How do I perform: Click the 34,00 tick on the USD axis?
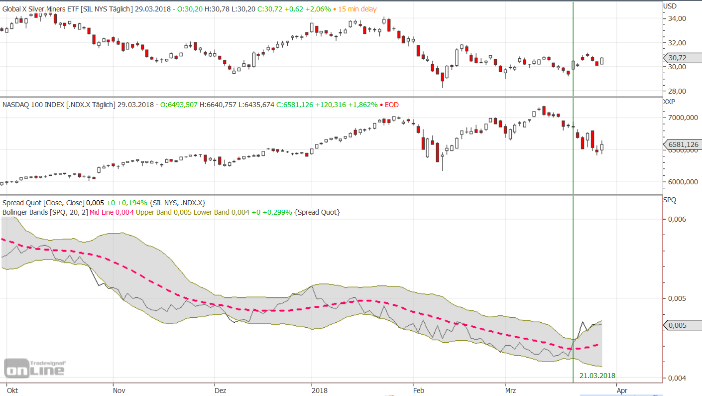677,18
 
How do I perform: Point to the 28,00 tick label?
677,91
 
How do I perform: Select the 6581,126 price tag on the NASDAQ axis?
683,145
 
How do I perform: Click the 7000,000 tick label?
682,118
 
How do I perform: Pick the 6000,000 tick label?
682,182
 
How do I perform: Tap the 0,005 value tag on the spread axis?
678,325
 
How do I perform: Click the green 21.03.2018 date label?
597,376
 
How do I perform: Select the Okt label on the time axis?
12,391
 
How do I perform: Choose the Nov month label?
118,391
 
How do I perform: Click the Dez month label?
220,391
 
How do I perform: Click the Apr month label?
622,391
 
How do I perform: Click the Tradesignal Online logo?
34,368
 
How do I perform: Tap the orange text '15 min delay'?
357,9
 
